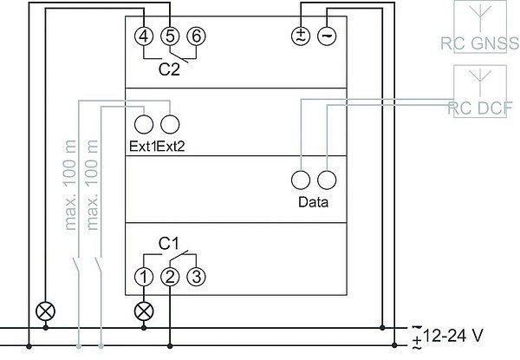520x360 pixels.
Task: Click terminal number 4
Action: click(144, 36)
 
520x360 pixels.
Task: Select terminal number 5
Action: click(170, 36)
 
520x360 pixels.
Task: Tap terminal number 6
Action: click(197, 36)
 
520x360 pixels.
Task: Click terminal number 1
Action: click(144, 277)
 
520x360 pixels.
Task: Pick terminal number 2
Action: click(170, 277)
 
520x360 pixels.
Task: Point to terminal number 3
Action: click(197, 277)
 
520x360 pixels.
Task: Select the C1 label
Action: click(169, 245)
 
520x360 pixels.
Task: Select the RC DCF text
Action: click(479, 108)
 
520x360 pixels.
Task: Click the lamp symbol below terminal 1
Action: click(144, 310)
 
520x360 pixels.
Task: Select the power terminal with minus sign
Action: click(327, 36)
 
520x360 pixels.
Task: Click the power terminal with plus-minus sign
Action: click(301, 36)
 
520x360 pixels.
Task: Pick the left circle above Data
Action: click(301, 180)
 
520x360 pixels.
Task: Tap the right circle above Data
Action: click(327, 180)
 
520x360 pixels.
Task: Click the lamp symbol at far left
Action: click(40, 310)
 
